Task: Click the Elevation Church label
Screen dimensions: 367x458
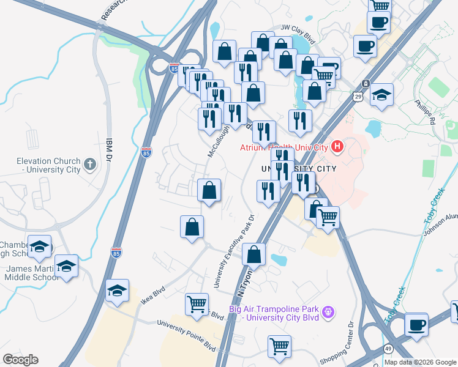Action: (x=48, y=165)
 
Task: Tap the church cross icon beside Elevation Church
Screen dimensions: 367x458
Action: (x=89, y=164)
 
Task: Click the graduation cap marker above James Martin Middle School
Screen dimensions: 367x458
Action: (x=66, y=266)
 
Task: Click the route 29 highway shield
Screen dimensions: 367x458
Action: (x=358, y=96)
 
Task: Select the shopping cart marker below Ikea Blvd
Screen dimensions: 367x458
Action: (x=197, y=303)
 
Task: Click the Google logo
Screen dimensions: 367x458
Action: (x=20, y=360)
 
